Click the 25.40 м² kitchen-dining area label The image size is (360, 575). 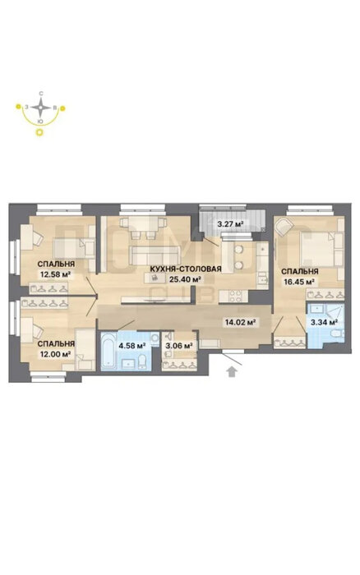186,279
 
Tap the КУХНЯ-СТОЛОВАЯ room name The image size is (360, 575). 186,269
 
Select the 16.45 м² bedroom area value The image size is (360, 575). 299,282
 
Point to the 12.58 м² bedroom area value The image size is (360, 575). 55,274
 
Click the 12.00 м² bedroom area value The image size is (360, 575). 56,354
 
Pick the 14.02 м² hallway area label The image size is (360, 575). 240,323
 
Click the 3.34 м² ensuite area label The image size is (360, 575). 324,323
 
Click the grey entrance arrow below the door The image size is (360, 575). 231,371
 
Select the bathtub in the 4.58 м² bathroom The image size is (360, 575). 109,352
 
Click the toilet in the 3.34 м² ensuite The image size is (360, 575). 336,333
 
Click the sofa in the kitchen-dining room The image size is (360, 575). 155,255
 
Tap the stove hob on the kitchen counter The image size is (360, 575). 233,297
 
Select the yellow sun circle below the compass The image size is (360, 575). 39,132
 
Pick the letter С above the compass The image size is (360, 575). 41,94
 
